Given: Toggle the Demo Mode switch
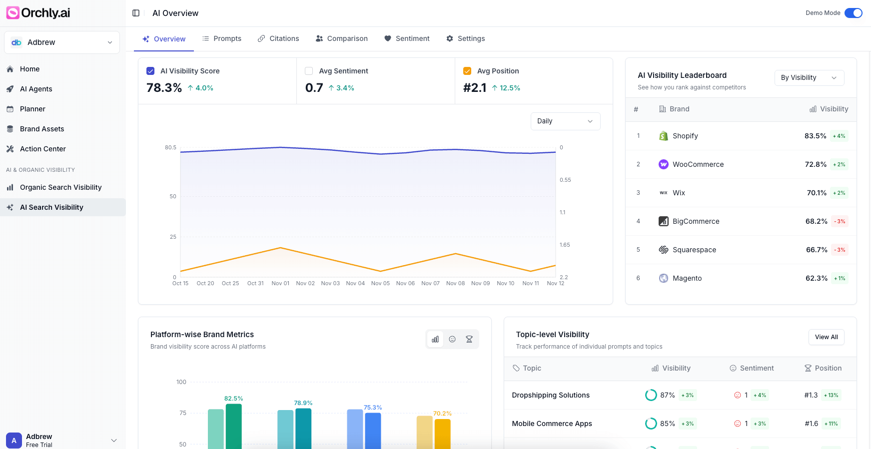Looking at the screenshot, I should point(853,13).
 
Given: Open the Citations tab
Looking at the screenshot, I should point(278,38).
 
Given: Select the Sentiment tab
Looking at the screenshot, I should point(407,38).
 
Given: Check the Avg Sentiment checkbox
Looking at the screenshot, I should point(309,71).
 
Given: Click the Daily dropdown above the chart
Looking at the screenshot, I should point(565,121).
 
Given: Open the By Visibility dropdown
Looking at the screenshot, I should point(809,77).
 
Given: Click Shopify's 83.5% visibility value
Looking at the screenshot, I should point(815,136).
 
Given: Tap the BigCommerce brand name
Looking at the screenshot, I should point(696,221).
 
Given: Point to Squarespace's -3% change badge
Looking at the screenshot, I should point(840,250).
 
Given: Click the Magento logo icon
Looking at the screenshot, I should point(663,278).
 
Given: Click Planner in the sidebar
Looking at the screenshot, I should point(32,109).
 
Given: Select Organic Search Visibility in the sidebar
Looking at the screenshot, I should point(60,187).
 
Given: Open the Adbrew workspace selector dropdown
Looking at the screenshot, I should point(62,42).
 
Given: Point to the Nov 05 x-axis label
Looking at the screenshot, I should point(380,283).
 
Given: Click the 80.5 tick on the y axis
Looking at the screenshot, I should point(170,147).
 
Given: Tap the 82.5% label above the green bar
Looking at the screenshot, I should point(233,399).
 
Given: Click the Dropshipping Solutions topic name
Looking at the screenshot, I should point(551,395).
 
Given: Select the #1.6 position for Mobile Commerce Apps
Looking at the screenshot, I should point(811,424).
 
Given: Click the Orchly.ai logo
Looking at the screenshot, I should point(38,13).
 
